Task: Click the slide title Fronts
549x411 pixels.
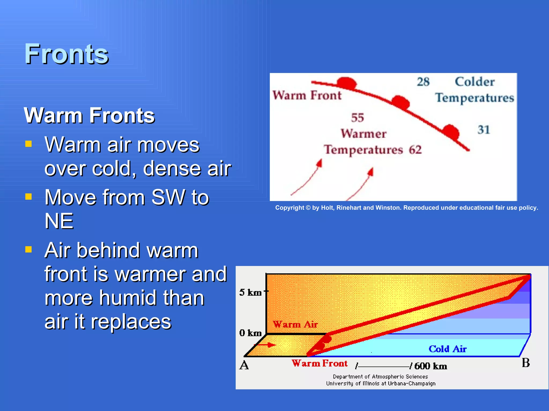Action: click(x=66, y=54)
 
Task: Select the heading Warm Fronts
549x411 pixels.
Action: click(x=89, y=115)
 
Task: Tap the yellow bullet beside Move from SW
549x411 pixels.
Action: click(x=28, y=197)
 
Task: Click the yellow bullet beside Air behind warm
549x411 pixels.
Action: click(x=28, y=250)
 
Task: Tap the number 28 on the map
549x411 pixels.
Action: click(x=423, y=82)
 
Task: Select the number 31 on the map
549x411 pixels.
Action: click(x=484, y=130)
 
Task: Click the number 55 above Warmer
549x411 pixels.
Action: click(x=357, y=118)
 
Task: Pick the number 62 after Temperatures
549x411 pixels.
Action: click(x=415, y=150)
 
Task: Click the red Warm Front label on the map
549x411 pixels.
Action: click(x=307, y=96)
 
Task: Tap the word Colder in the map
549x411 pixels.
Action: click(x=474, y=82)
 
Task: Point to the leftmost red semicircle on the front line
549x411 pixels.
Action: click(x=347, y=83)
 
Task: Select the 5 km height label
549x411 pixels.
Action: click(x=250, y=292)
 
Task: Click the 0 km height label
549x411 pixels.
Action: click(x=250, y=333)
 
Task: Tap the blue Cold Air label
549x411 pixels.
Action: click(x=447, y=349)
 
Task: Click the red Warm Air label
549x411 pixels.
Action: click(x=295, y=325)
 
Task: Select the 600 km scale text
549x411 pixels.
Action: click(x=431, y=366)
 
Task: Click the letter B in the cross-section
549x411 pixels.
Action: click(x=526, y=363)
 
